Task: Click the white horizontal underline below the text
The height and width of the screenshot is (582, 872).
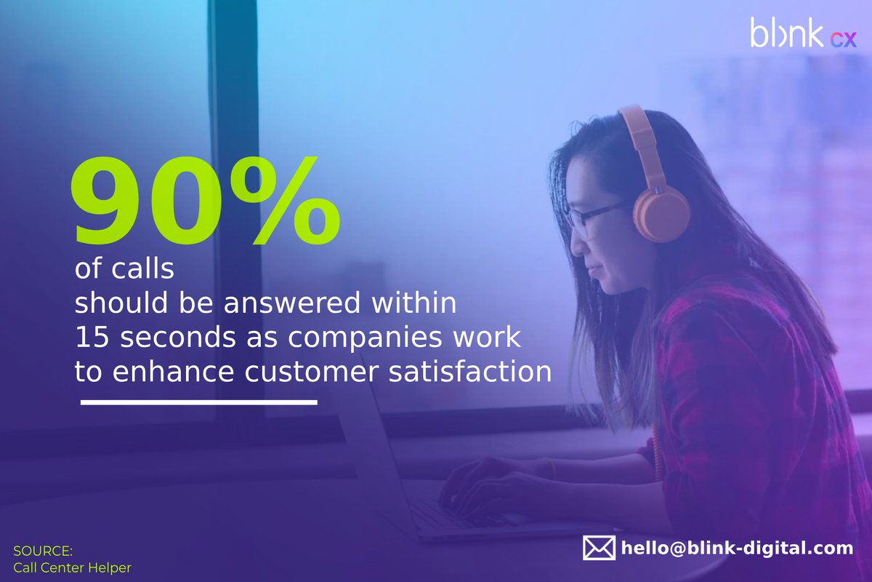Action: click(198, 402)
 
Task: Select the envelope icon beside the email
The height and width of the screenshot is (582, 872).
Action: click(599, 548)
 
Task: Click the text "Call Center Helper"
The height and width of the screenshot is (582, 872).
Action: click(72, 567)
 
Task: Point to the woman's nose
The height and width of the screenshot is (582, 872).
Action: click(576, 244)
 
